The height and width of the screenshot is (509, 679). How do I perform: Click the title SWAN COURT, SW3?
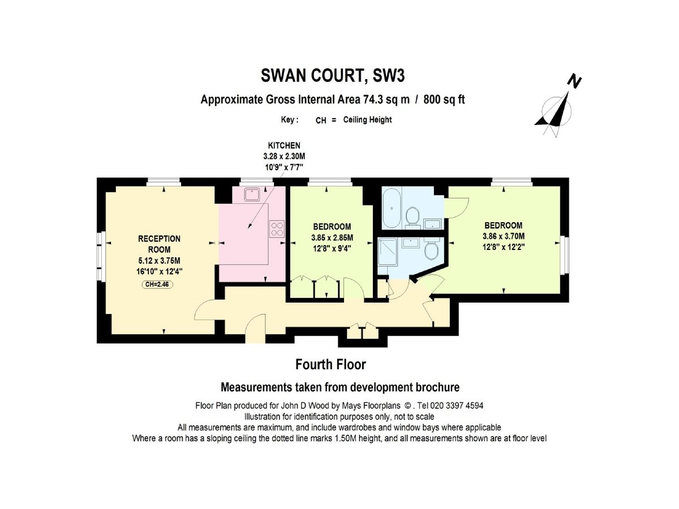[x=333, y=75]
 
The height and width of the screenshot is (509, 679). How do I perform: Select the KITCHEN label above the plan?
[x=283, y=145]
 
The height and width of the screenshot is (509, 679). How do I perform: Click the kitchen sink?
[x=252, y=195]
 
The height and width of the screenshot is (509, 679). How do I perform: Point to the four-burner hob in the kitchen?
[x=277, y=228]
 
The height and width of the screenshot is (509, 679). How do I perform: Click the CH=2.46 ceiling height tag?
[x=157, y=284]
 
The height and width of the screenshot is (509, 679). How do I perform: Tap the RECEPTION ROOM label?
[x=159, y=244]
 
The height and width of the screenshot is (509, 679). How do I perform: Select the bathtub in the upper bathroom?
[x=392, y=209]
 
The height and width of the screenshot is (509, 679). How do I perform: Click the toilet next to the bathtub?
[x=412, y=216]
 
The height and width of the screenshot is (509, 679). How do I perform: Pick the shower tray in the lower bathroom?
[x=387, y=252]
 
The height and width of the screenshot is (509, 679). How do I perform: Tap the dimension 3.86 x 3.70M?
[x=503, y=236]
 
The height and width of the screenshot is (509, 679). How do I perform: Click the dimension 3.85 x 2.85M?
[x=332, y=238]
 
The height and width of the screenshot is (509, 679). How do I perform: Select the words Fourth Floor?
[x=330, y=364]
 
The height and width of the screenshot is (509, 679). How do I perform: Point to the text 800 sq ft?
[x=444, y=100]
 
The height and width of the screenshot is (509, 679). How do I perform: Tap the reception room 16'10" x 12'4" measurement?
[x=160, y=271]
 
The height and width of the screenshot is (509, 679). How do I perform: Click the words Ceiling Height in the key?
[x=367, y=119]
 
